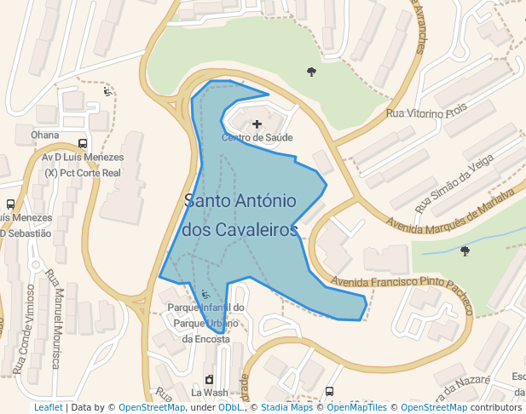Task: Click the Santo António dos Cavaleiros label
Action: tap(240, 216)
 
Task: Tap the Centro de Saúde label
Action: tap(257, 137)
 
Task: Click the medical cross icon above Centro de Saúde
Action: tap(257, 124)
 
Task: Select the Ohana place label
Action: tap(44, 135)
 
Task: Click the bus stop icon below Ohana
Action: tap(83, 144)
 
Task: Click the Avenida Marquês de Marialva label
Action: tap(452, 210)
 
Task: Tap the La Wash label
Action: tap(209, 393)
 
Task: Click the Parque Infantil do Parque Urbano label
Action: tap(206, 323)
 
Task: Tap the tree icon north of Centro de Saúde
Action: tap(311, 72)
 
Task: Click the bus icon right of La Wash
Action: tap(330, 392)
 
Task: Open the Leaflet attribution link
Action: tap(49, 407)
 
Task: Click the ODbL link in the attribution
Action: tap(230, 407)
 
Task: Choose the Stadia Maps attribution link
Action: tap(286, 407)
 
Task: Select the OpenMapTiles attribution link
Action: tap(356, 407)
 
